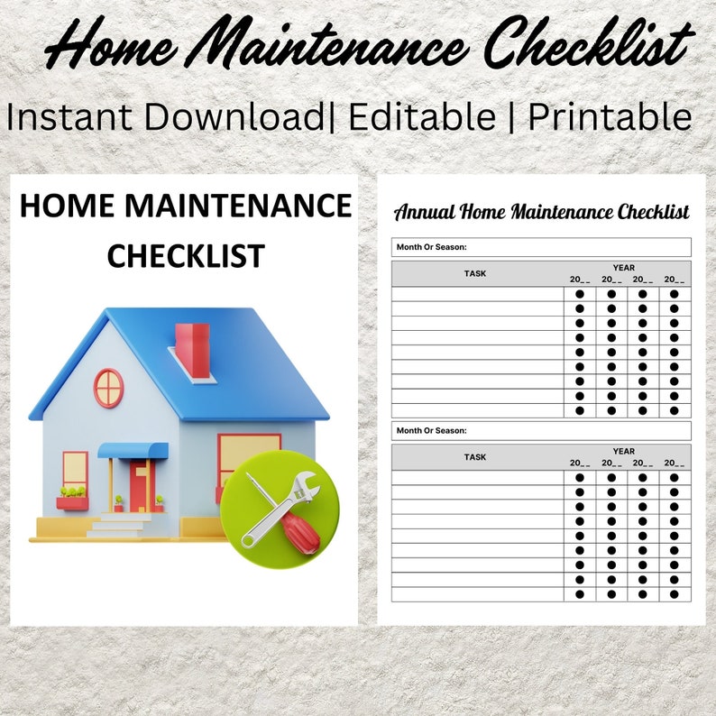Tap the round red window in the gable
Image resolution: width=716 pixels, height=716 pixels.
[108, 388]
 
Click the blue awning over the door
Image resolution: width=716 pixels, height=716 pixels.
[133, 450]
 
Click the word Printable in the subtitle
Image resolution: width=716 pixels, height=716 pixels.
[610, 116]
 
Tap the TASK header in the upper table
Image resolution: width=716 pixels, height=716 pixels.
[475, 273]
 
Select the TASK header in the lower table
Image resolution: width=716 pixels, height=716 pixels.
[475, 457]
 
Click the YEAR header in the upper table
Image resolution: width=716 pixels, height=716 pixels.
[623, 268]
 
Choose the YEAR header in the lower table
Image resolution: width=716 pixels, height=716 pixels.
[623, 451]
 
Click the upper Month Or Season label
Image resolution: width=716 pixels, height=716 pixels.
[431, 246]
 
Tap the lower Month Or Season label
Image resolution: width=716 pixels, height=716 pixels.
[431, 430]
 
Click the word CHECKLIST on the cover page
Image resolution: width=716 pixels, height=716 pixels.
[185, 255]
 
